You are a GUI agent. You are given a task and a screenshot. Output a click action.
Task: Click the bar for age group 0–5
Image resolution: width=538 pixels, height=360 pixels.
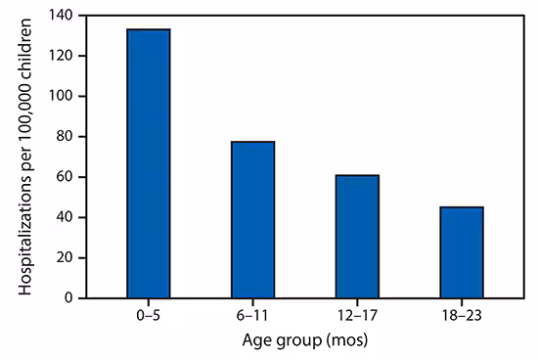tap(149, 163)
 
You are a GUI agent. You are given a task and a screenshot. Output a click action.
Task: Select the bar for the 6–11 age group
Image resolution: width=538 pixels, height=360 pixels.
tap(253, 219)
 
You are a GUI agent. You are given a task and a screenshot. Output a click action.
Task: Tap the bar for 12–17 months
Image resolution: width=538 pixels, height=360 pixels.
tap(357, 236)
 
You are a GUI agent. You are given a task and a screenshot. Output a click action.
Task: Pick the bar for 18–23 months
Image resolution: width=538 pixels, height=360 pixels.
tap(462, 251)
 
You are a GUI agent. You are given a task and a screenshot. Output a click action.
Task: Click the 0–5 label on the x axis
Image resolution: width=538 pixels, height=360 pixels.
tap(149, 315)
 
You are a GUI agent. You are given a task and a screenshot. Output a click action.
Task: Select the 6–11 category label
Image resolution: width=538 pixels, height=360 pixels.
tap(253, 315)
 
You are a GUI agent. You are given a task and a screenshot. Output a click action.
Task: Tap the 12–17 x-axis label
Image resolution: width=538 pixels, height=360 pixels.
tap(357, 315)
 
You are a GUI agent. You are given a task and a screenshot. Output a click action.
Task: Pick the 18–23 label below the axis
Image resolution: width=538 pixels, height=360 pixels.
tap(462, 315)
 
